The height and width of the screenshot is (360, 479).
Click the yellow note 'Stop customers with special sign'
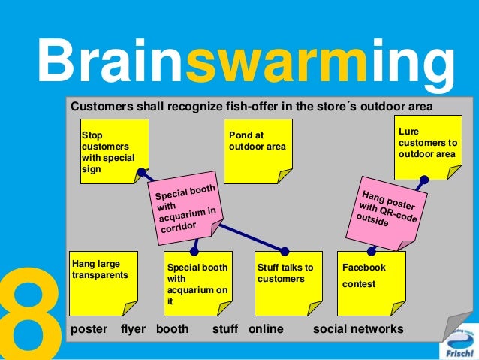tap(110, 150)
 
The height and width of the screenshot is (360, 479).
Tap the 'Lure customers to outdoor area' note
tap(427, 147)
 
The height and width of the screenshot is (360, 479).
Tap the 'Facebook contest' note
tap(372, 282)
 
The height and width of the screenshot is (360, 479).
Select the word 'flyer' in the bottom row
tap(133, 329)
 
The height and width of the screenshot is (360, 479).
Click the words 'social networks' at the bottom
tap(357, 329)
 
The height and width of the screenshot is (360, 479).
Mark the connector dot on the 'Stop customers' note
tap(140, 172)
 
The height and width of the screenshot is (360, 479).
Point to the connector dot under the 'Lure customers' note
tap(424, 180)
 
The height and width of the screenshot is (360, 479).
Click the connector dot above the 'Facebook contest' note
tap(371, 251)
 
